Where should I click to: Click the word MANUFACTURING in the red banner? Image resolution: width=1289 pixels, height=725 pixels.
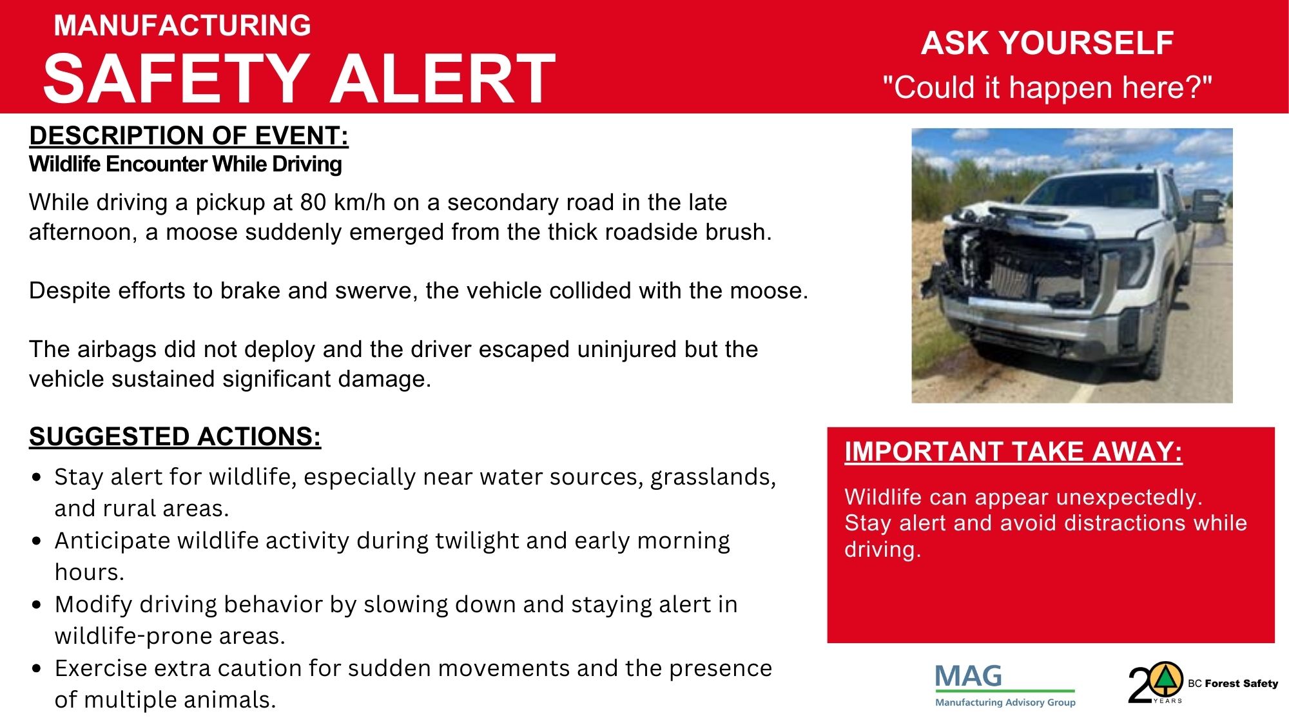[182, 26]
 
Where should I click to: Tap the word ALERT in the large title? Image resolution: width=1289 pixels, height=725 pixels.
[443, 79]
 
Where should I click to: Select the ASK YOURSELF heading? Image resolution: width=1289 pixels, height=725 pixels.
[1047, 43]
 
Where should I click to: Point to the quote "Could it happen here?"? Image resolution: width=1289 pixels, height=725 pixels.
[1047, 87]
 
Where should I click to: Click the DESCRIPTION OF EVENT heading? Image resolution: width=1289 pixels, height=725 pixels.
[189, 136]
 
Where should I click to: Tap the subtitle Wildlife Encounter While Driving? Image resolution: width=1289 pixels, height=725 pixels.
[186, 164]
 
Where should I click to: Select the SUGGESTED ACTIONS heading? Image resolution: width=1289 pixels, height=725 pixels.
[175, 437]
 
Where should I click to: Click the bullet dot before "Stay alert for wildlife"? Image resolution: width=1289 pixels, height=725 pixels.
[37, 478]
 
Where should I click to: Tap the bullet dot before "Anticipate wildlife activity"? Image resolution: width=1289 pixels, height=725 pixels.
[37, 541]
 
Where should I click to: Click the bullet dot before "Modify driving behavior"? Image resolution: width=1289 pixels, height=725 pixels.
[37, 605]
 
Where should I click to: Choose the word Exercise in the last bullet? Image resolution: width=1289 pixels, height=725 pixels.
[101, 668]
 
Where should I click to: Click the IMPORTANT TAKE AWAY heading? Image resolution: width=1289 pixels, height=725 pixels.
[1014, 452]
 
